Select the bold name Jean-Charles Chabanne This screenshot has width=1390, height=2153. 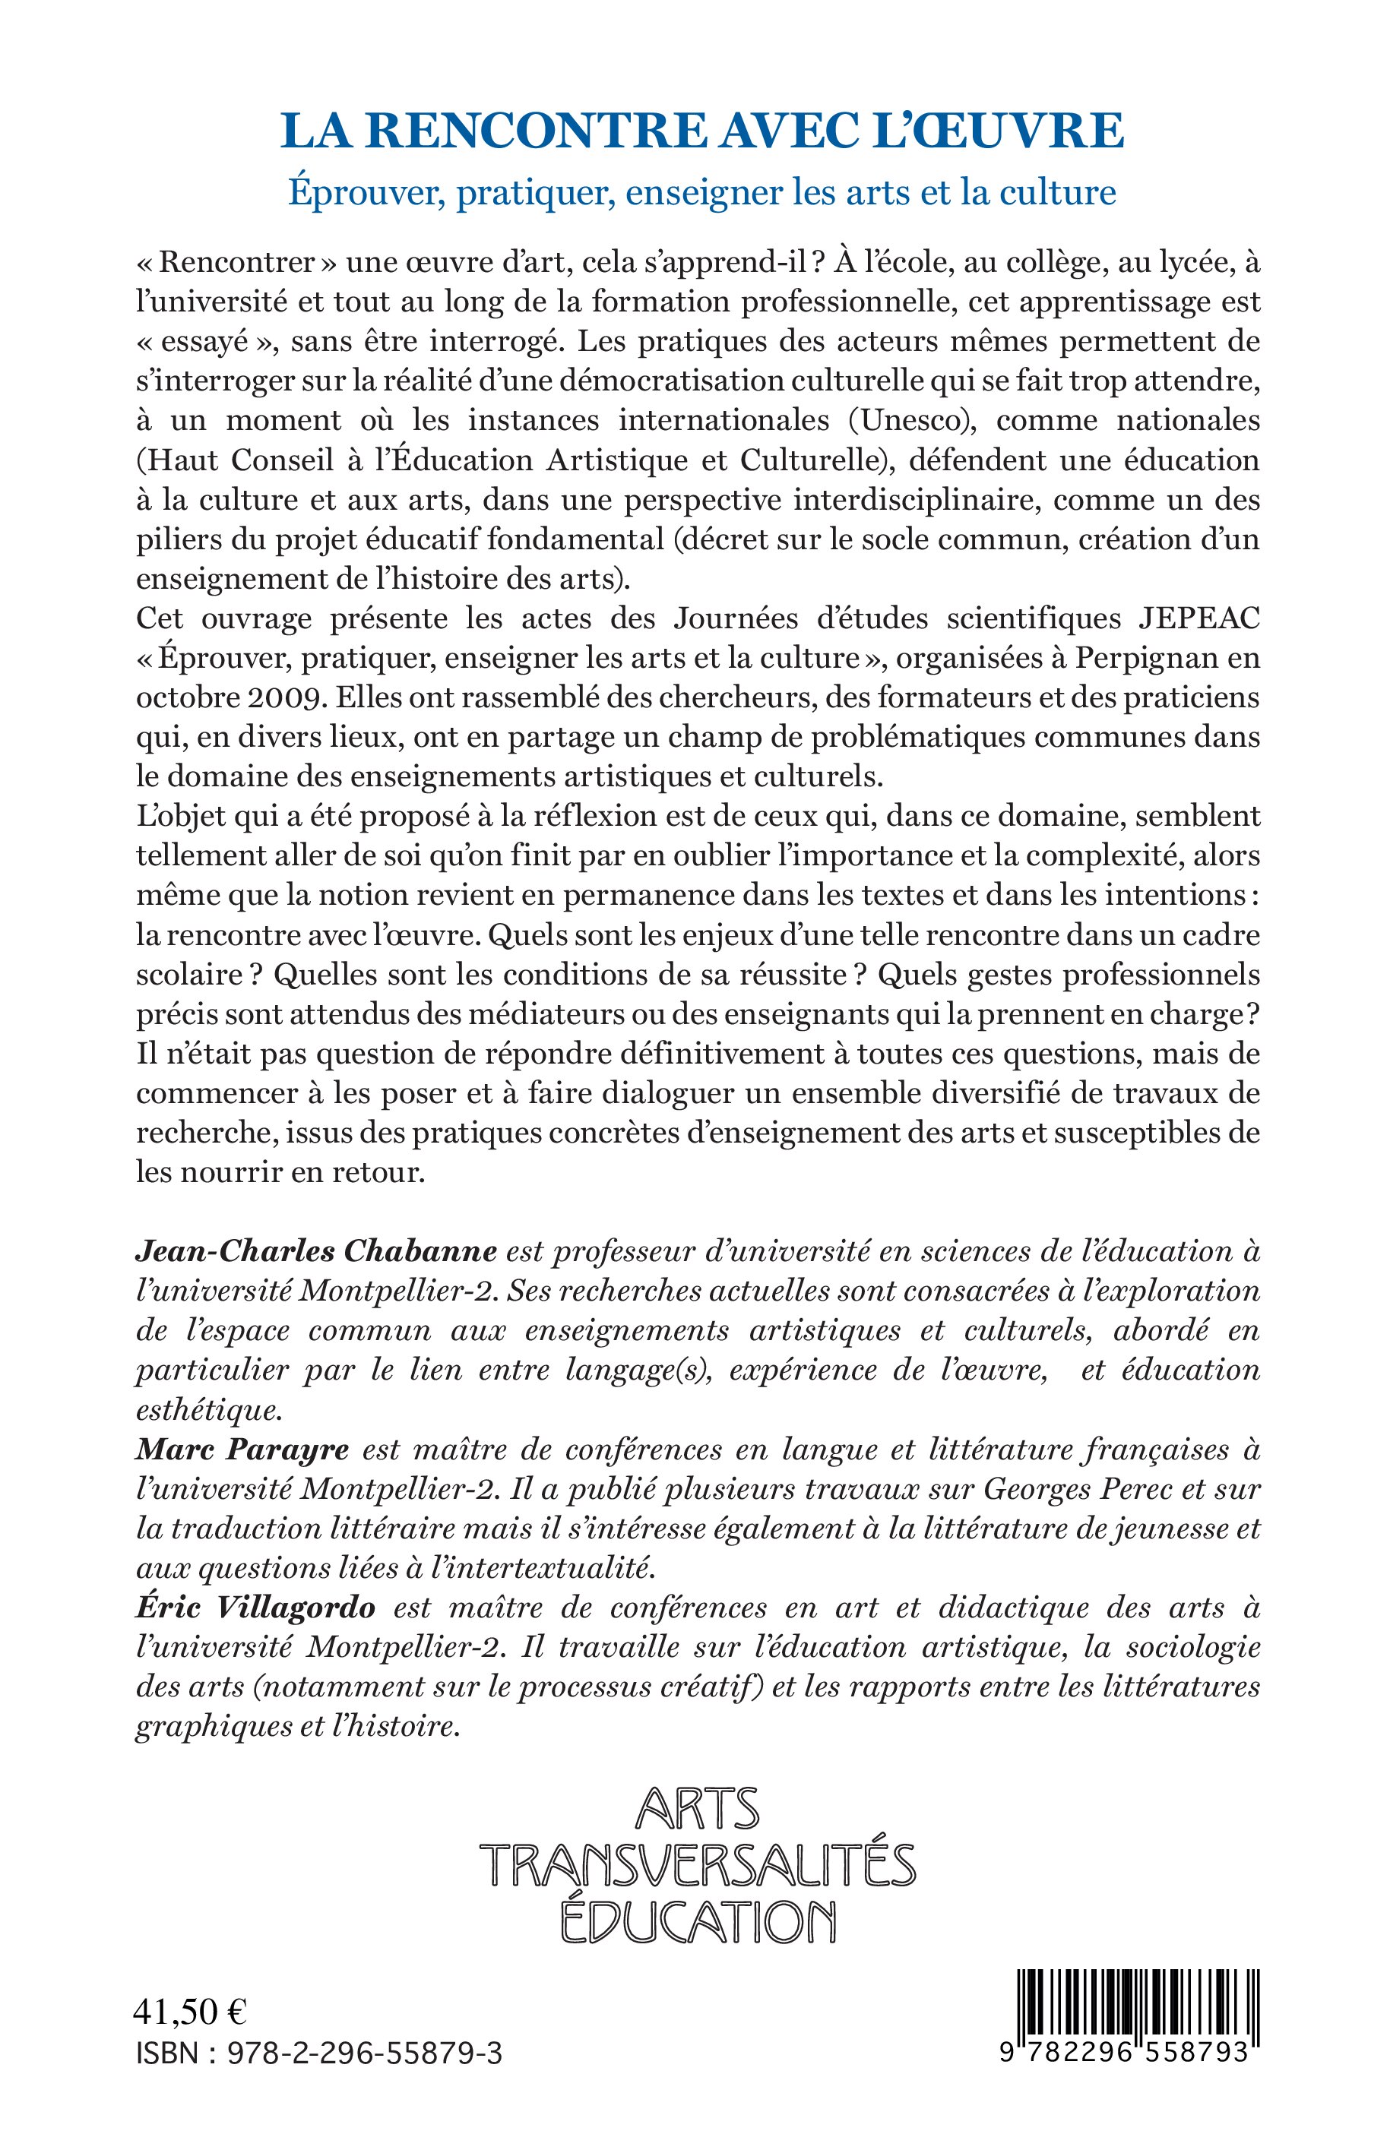316,1251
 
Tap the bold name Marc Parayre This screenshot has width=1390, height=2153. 242,1450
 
